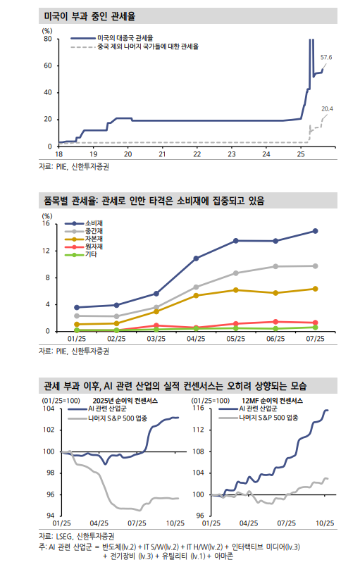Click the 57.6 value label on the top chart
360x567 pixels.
point(325,56)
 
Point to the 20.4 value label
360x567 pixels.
point(327,108)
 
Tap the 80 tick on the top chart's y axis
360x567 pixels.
point(48,39)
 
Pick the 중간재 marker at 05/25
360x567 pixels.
point(236,254)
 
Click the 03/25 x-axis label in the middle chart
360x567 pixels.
point(156,339)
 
